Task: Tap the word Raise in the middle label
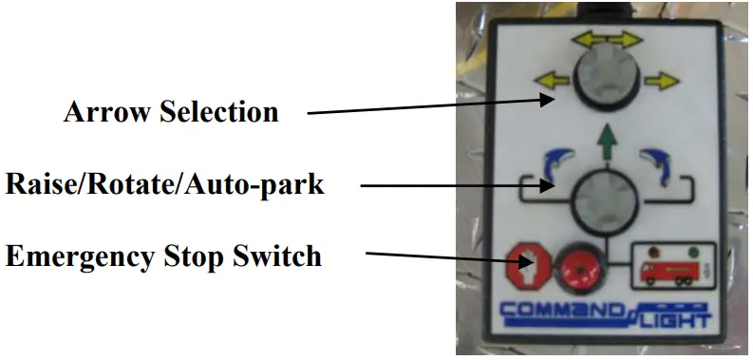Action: [x=37, y=183]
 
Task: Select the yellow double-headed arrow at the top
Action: [x=602, y=40]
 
